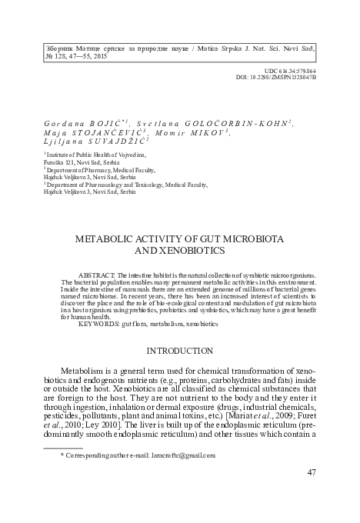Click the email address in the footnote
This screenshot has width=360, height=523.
[x=183, y=455]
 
